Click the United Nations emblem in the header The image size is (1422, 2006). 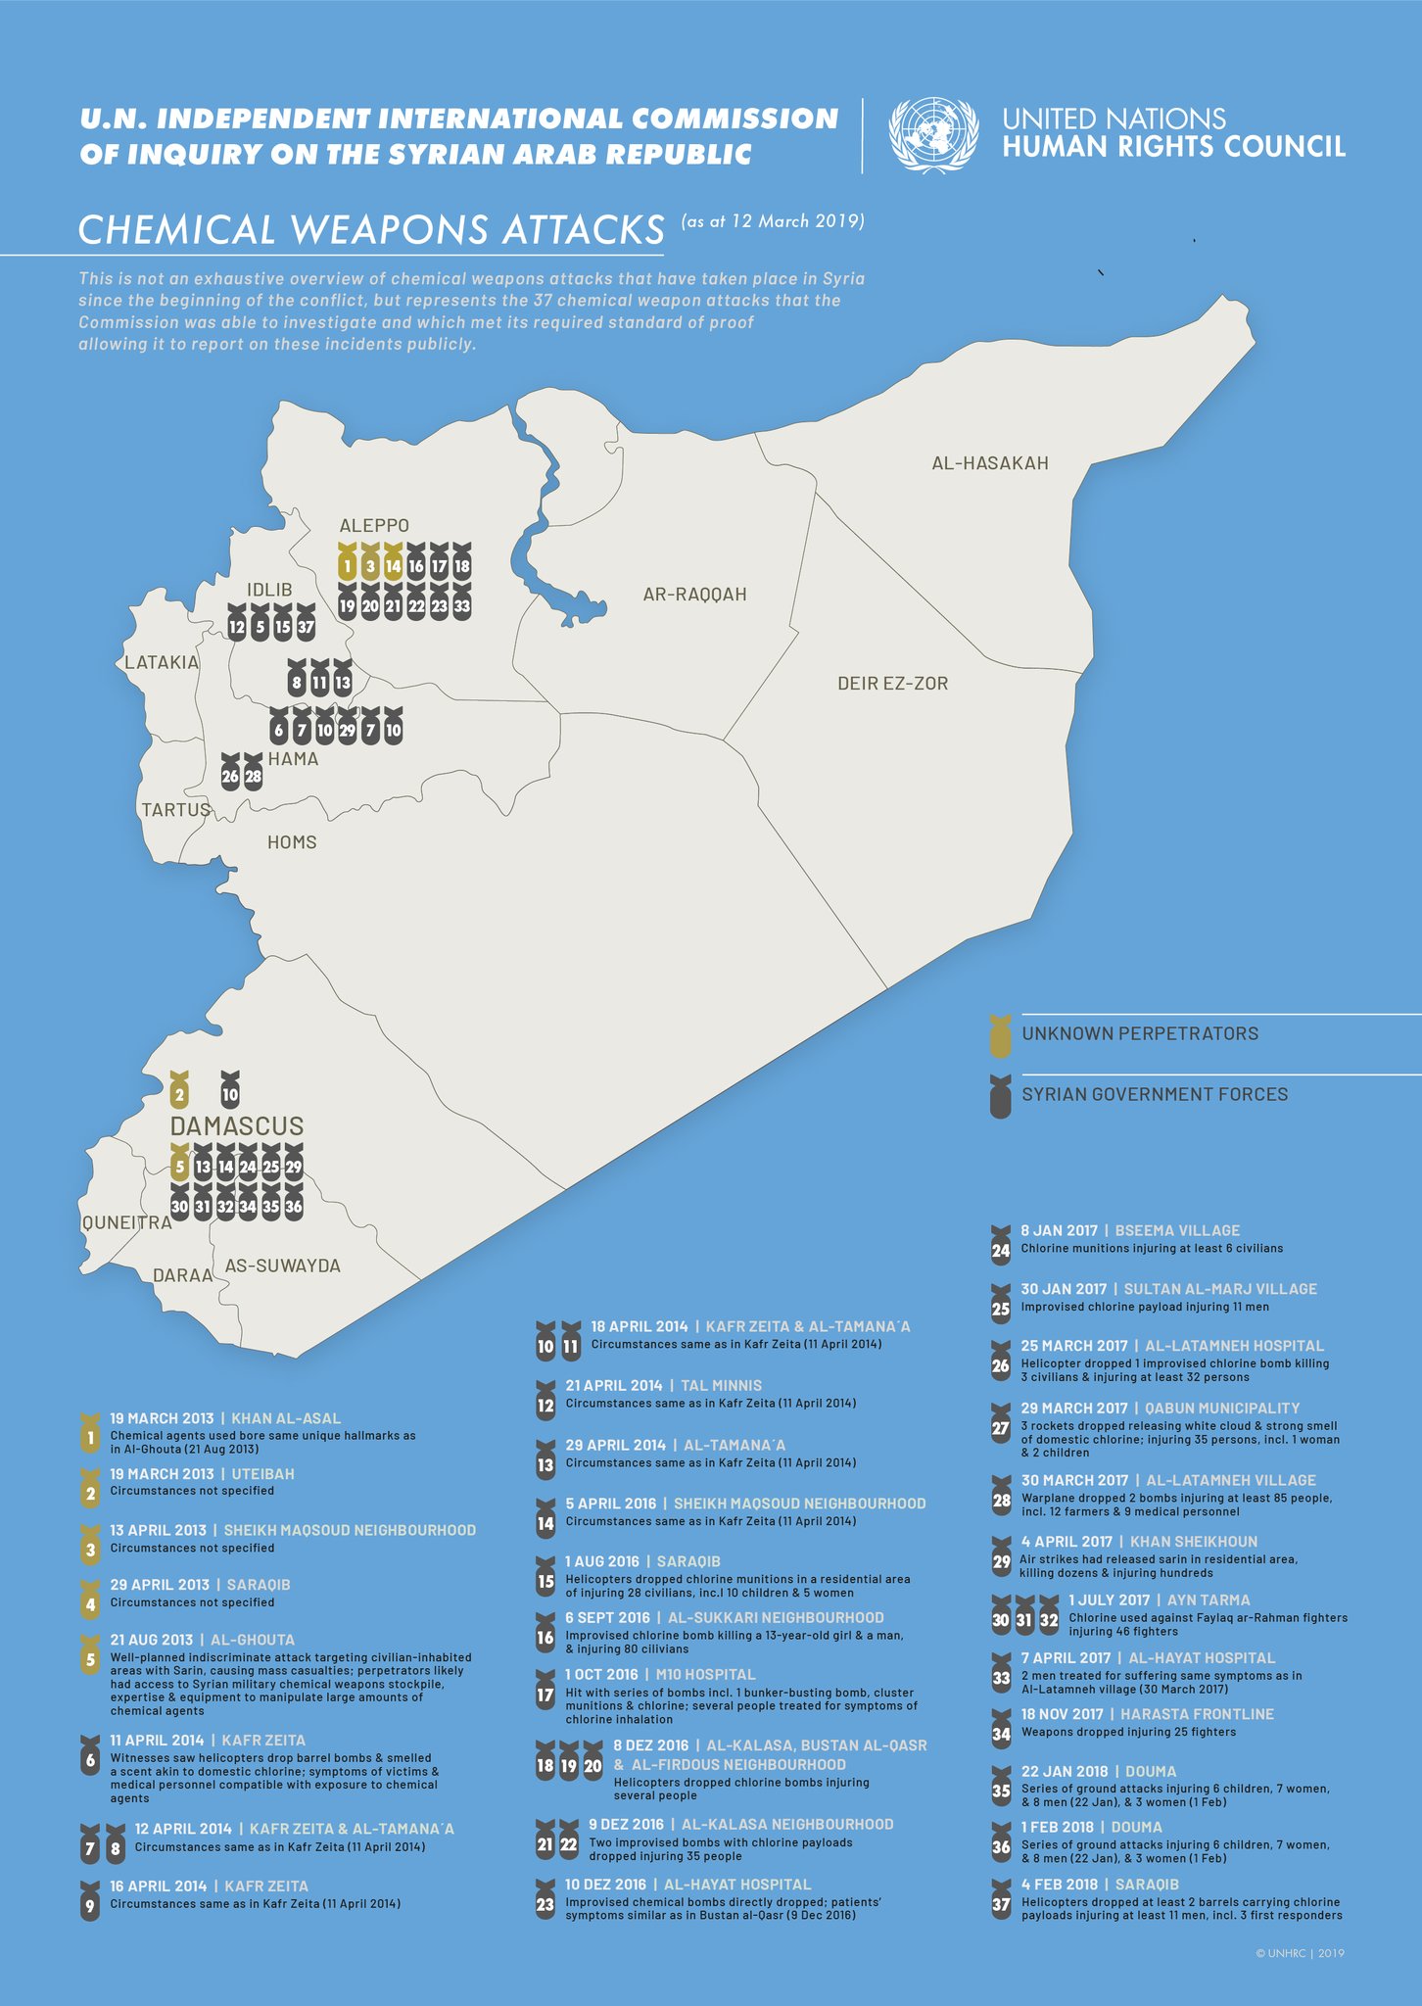932,135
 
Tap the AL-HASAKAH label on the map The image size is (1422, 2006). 989,463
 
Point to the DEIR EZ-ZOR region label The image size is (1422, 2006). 892,684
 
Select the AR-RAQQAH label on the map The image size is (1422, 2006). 694,595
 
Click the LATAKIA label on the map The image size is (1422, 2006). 162,663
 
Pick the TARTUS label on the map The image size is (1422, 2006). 176,810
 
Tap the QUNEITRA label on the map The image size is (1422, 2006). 126,1222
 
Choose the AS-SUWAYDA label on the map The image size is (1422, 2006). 282,1266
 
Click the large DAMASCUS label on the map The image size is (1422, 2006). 237,1126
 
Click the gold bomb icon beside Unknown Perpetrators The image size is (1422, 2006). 1000,1036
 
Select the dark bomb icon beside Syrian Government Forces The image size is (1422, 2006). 1000,1097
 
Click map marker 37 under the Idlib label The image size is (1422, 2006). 306,624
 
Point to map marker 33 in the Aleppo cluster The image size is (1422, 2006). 462,603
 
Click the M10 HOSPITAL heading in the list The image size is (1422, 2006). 699,1675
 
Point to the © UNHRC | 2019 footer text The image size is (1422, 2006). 1300,1953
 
